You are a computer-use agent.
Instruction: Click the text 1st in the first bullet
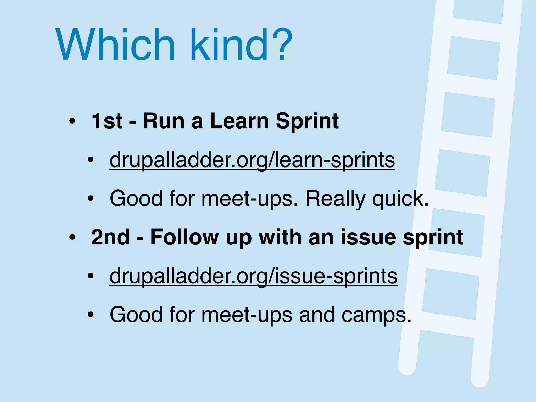point(107,121)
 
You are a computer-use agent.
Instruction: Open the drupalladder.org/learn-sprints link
point(252,160)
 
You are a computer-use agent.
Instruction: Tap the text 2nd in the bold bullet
point(110,237)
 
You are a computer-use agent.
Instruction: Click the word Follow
point(185,237)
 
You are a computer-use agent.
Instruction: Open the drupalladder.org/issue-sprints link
point(253,276)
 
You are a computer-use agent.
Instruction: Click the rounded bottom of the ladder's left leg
point(407,368)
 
